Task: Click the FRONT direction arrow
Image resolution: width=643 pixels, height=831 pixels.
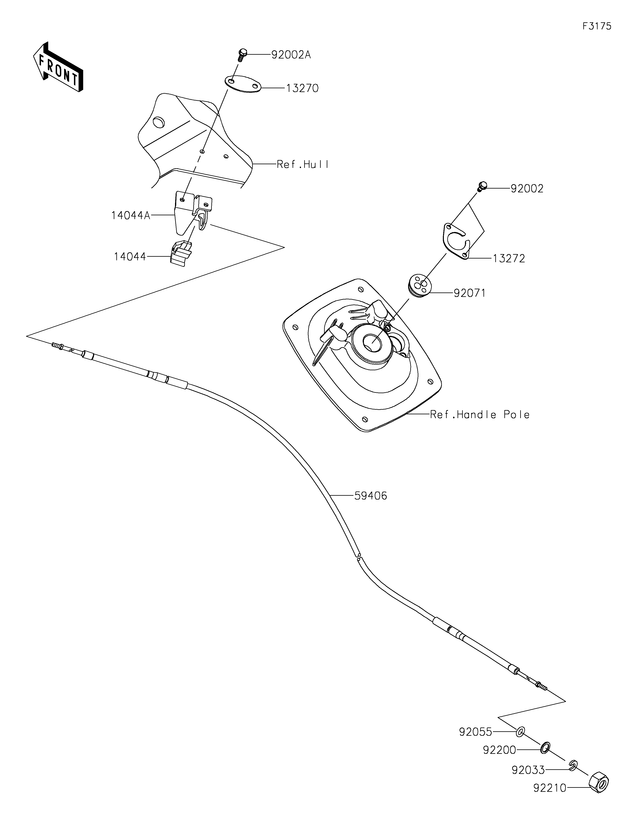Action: pos(58,67)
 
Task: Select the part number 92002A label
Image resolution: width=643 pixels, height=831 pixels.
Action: pos(291,55)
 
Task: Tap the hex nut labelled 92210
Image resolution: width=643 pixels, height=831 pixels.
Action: pos(599,782)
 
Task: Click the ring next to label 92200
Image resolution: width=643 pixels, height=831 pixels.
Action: pos(545,747)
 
